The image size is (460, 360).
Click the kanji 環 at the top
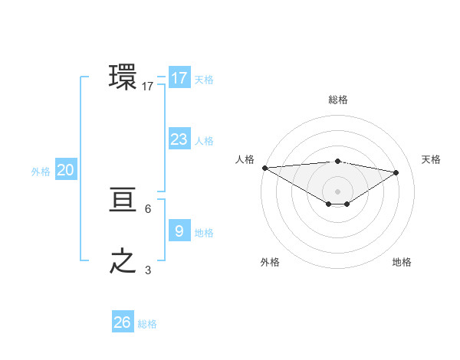(123, 77)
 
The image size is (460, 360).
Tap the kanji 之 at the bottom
(123, 261)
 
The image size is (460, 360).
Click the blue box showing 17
(179, 78)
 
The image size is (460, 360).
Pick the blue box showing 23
(179, 139)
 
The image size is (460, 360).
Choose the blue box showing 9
(179, 231)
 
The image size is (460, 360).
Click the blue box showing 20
(65, 170)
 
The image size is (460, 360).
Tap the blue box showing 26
(123, 322)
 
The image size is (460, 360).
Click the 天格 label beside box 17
(203, 80)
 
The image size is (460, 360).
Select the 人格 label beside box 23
(203, 141)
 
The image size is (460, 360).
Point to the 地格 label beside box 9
(203, 233)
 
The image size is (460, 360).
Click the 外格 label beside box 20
(41, 172)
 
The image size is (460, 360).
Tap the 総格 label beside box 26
(147, 324)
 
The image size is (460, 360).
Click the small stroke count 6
(147, 208)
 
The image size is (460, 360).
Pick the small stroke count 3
(147, 270)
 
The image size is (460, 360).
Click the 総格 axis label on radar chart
(337, 100)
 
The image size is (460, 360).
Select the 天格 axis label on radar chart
(431, 159)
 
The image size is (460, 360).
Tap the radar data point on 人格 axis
(264, 168)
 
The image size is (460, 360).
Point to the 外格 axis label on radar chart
(270, 262)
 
